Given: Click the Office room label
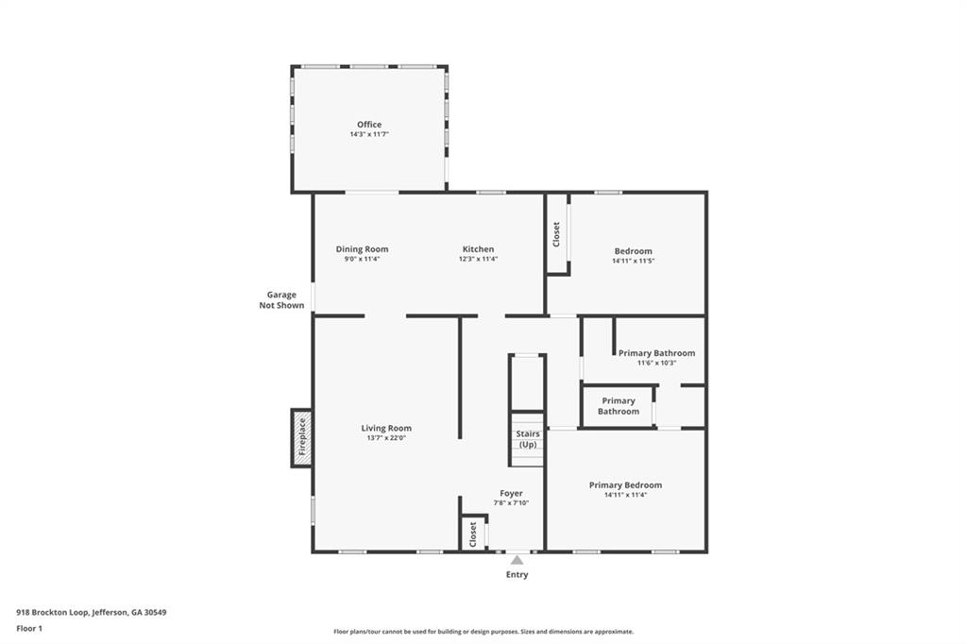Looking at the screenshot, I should pos(369,125).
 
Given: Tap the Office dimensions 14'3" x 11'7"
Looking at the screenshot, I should pos(369,135).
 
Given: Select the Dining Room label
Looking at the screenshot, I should pos(362,249).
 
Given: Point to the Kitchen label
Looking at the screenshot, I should pos(478,249).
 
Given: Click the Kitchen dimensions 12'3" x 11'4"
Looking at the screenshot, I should pos(478,259).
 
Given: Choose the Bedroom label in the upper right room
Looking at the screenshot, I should pos(633,251).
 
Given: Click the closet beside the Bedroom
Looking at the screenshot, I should pos(557,233).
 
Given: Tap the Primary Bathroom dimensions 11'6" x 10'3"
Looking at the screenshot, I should pos(656,363).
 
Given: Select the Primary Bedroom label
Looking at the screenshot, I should pos(625,485).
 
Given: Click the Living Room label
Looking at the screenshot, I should pos(386,428).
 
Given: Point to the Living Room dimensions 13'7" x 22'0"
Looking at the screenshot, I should pos(386,438).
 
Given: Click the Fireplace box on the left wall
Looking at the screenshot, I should pos(302,438).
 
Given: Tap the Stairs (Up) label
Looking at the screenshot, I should pos(528,439).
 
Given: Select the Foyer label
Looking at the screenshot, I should pos(511,493).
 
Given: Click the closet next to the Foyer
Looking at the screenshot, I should pos(473,534).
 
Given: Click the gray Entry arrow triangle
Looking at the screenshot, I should pos(517,560).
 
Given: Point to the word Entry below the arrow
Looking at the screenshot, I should pos(517,575).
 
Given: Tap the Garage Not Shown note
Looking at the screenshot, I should pos(281,300).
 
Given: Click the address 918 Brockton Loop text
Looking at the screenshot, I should pos(92,612).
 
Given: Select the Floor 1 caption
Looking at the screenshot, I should pos(29,628).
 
